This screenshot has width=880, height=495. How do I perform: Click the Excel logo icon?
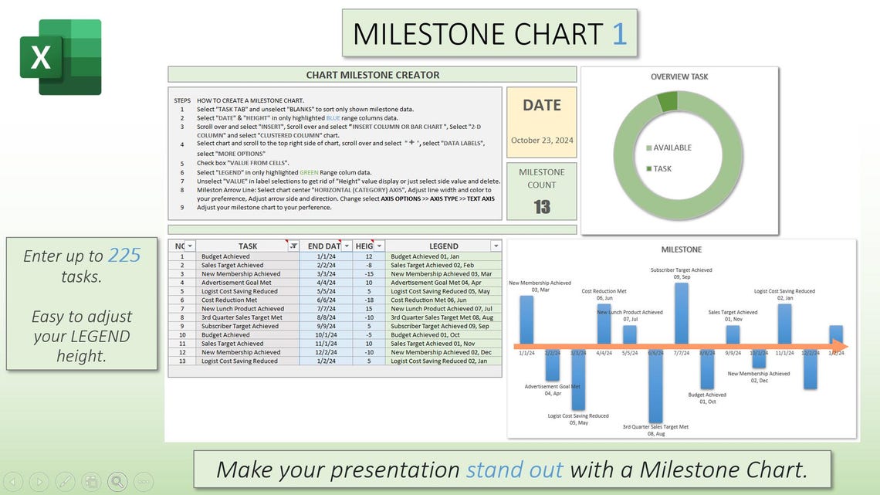(60, 57)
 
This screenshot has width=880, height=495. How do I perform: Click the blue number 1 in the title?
(619, 34)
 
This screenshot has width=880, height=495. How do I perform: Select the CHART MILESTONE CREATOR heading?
(372, 75)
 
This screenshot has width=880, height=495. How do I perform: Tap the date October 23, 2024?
(541, 141)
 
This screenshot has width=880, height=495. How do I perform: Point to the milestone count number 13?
(541, 206)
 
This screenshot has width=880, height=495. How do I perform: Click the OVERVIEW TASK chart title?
(679, 76)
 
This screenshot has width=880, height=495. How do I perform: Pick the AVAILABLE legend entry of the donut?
(672, 147)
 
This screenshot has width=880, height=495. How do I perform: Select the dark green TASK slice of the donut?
(667, 102)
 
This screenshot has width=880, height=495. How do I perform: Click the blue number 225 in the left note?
(124, 256)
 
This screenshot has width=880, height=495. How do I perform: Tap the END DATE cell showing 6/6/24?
(325, 300)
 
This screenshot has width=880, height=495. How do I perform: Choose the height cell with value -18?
(368, 300)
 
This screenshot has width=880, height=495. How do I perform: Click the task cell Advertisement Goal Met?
(236, 283)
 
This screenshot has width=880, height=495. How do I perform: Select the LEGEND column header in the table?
(443, 246)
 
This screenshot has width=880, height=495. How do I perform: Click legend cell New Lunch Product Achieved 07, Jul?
(442, 309)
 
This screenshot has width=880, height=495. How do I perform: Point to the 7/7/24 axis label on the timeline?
(682, 354)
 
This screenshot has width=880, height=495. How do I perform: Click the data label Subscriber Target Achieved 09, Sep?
(681, 273)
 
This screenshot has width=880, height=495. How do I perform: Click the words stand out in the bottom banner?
(514, 470)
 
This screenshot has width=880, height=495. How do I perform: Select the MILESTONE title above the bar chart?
(681, 249)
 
